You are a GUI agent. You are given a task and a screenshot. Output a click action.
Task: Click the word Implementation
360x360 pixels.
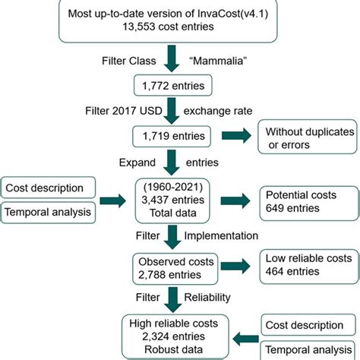point(232,235)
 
